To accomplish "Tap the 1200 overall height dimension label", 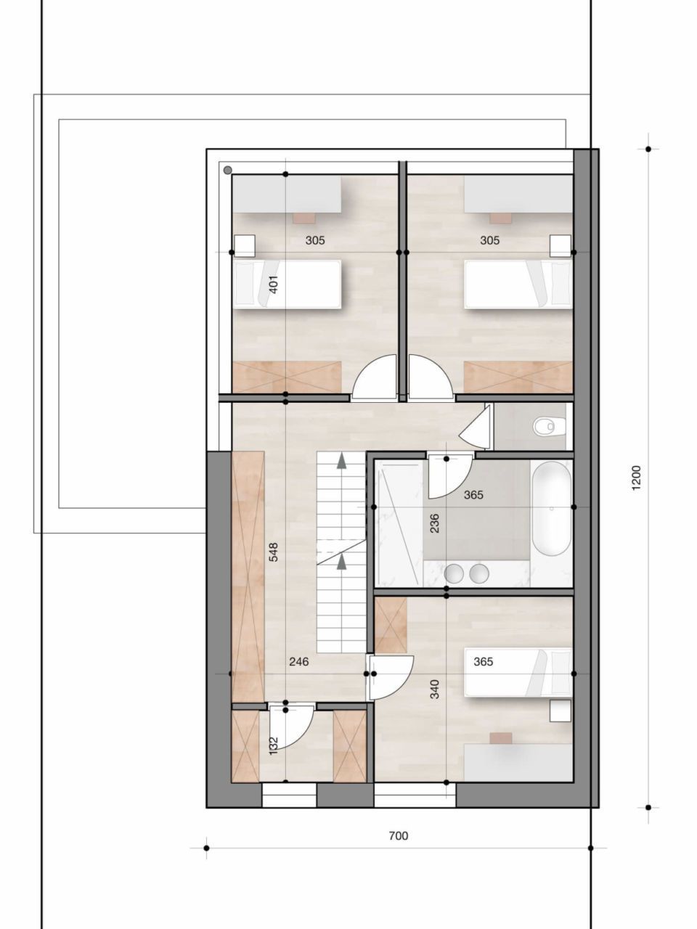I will click(x=637, y=478).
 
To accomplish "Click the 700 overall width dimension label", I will click(x=398, y=835).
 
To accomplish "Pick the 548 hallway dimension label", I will click(x=274, y=552).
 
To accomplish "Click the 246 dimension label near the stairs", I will click(x=298, y=661).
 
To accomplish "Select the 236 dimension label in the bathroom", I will click(x=434, y=523).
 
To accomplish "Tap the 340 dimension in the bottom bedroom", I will click(x=434, y=688).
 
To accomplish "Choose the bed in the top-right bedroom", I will click(x=518, y=284).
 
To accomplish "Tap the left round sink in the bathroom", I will click(x=455, y=573).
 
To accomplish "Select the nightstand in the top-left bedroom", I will click(x=244, y=245).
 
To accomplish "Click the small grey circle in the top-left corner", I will click(x=227, y=170).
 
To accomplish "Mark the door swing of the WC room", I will click(x=476, y=429).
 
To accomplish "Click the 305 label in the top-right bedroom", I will click(x=490, y=240).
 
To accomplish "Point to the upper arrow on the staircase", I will click(x=342, y=459).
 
